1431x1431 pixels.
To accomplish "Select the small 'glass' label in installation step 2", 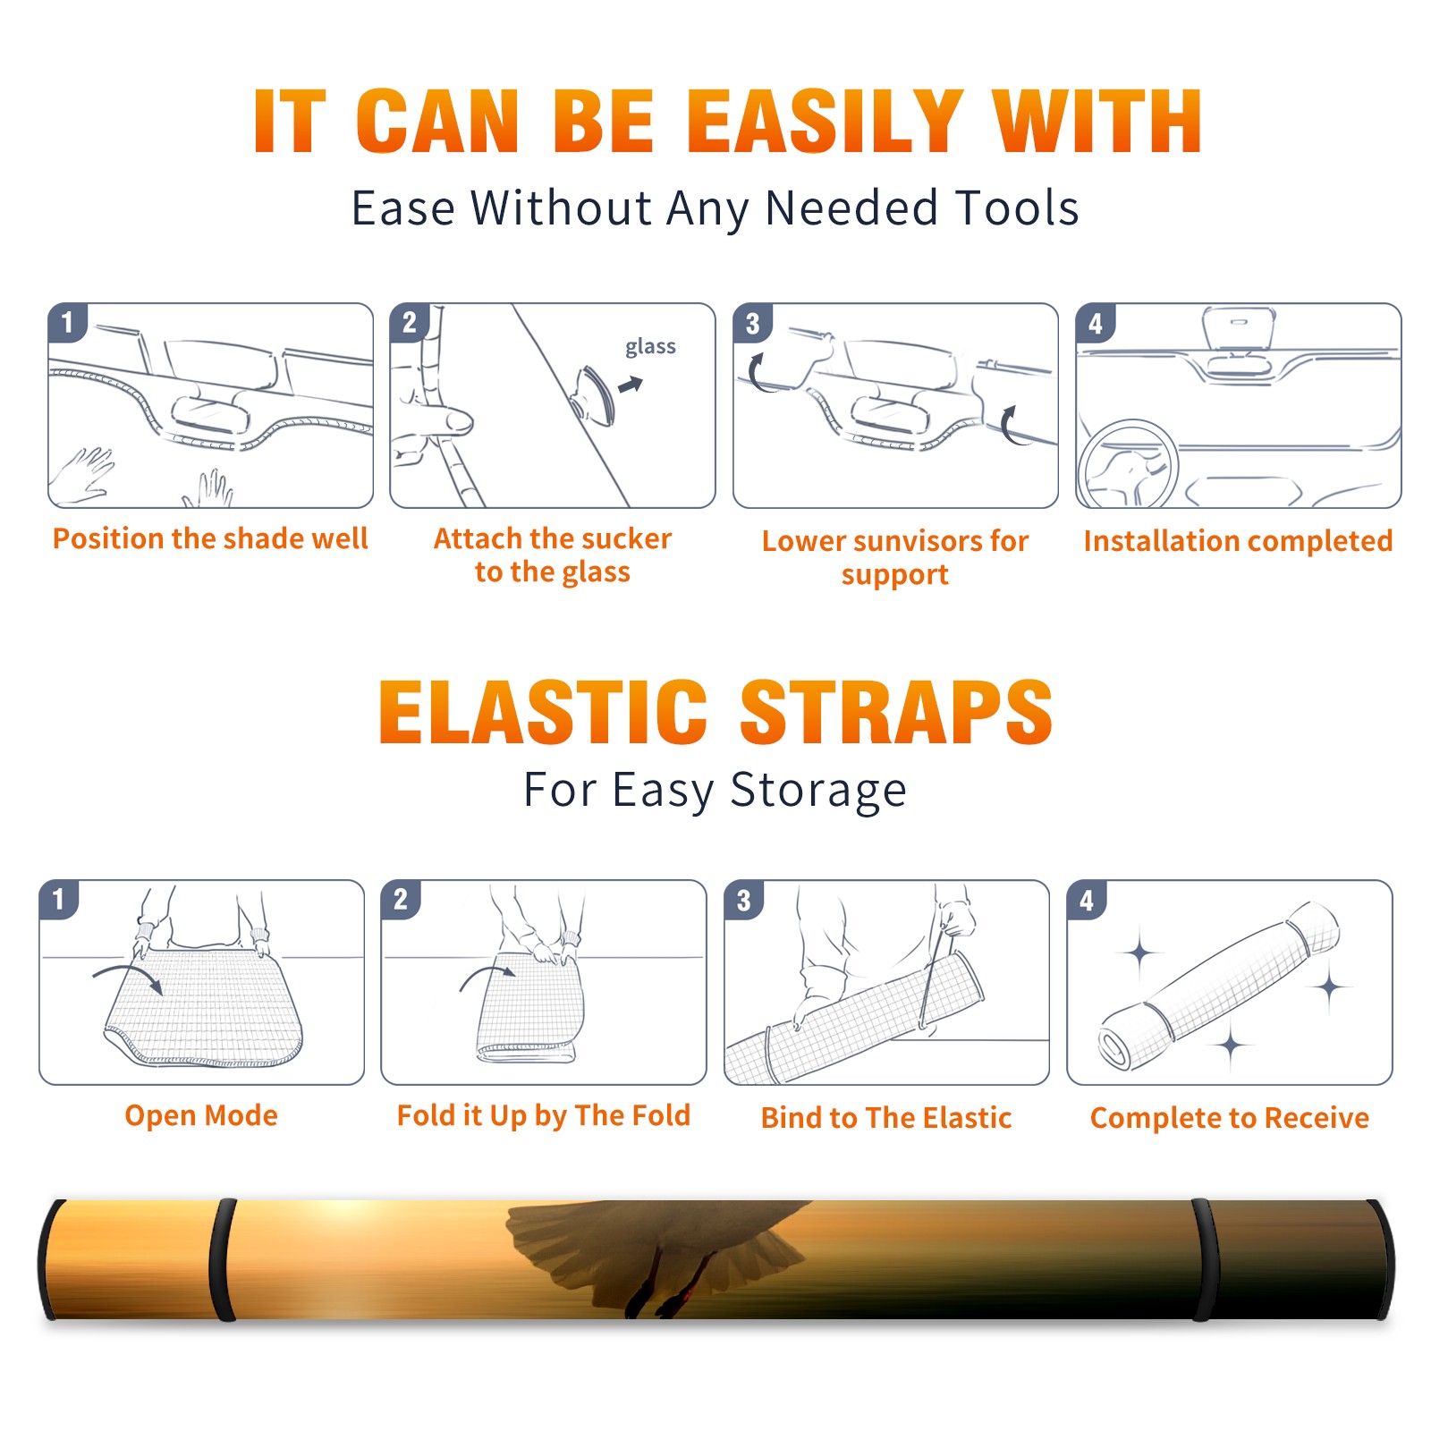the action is tap(650, 347).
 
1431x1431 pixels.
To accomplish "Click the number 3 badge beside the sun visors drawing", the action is tap(752, 323).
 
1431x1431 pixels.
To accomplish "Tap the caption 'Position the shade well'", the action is tap(210, 538).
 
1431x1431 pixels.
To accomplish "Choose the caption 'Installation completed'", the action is tap(1238, 541).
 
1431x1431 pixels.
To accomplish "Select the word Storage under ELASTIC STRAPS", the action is tap(818, 791).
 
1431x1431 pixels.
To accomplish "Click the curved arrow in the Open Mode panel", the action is tap(128, 978).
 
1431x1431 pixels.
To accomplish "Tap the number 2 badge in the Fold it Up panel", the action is tap(401, 899).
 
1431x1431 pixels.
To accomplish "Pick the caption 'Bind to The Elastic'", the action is tap(885, 1118).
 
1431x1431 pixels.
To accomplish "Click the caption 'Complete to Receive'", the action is tap(1230, 1118).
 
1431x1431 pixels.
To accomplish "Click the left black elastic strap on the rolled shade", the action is tap(223, 1259).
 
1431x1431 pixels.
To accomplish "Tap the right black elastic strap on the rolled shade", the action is tap(1204, 1259).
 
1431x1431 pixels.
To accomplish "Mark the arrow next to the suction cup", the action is tap(631, 385).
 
